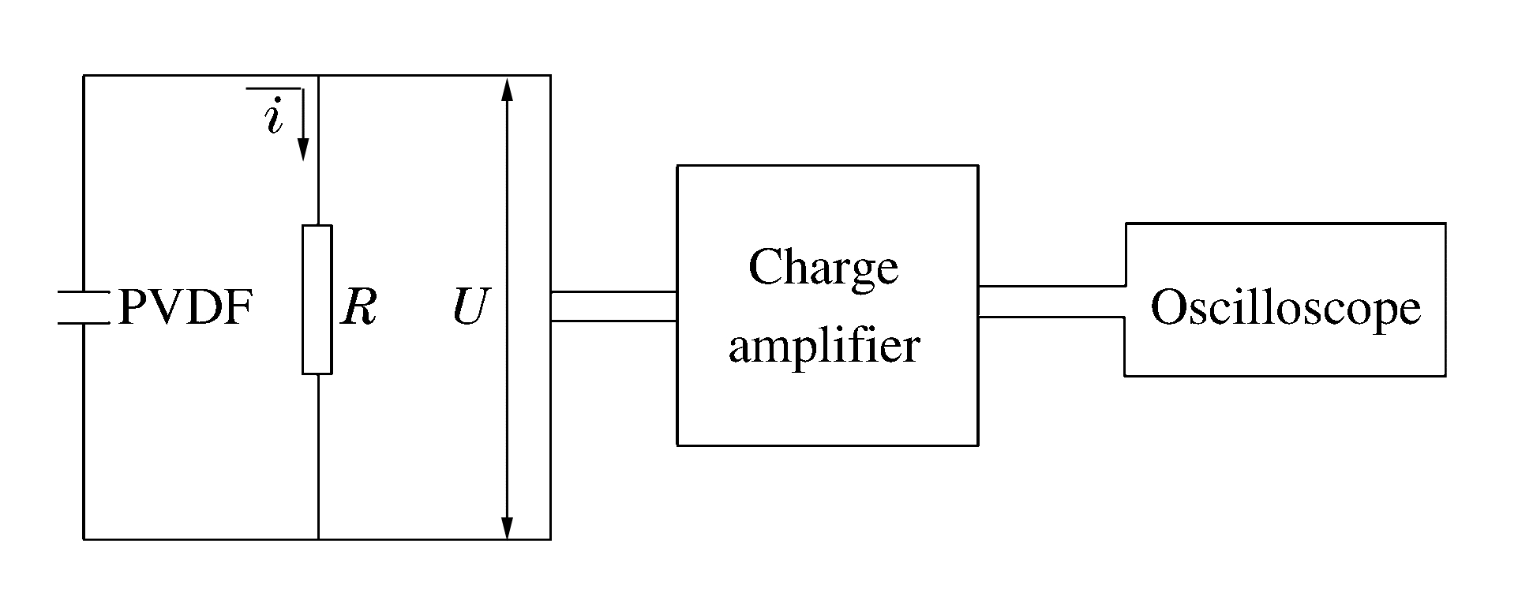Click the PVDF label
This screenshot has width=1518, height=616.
tap(186, 308)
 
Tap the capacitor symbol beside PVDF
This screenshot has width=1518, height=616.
tap(83, 308)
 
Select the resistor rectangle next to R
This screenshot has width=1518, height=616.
tap(317, 299)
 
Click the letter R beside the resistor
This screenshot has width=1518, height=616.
tap(359, 308)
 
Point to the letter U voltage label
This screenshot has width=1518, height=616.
tap(471, 308)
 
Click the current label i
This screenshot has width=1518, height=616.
tap(274, 119)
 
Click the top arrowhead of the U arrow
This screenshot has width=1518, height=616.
tap(508, 89)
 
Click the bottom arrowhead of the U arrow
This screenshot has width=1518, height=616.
tap(508, 527)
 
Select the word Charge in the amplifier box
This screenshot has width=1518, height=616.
tap(823, 269)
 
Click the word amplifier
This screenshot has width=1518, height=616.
tap(824, 346)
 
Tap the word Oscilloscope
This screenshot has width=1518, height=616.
tap(1285, 308)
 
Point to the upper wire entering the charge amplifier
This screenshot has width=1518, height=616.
tap(613, 292)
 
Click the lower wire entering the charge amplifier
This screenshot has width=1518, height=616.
tap(613, 321)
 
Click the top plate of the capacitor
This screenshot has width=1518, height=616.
tap(83, 294)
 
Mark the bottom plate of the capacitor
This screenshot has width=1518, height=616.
tap(83, 323)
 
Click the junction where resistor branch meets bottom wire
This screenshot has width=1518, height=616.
tap(318, 539)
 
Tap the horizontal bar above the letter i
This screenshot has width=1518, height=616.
tap(274, 88)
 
